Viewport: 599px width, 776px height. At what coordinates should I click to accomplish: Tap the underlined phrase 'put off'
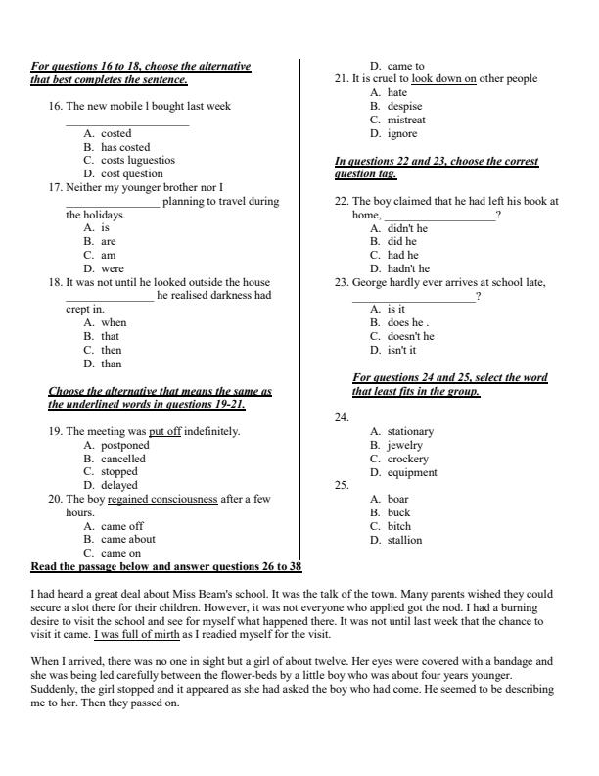164,431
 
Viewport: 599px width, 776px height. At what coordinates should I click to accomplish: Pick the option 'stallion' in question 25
404,540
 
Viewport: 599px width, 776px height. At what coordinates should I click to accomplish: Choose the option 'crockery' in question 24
407,459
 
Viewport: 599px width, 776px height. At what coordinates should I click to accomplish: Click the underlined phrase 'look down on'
443,79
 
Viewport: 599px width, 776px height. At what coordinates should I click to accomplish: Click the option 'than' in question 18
112,364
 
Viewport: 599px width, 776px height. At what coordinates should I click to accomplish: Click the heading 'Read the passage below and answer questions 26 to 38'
166,567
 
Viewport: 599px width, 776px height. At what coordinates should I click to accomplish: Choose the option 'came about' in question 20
127,539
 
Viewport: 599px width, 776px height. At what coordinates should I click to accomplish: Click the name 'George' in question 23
370,282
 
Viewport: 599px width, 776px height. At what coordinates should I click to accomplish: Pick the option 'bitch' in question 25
398,526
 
